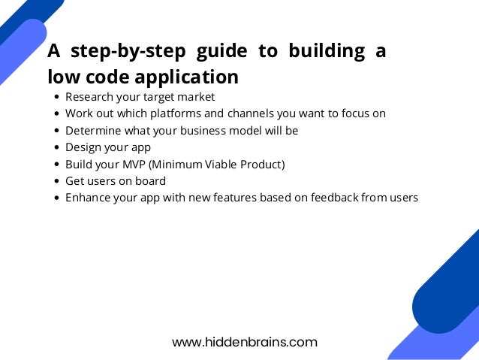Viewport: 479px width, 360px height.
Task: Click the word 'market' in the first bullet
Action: point(196,97)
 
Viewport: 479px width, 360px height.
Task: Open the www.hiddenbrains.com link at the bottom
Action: point(245,342)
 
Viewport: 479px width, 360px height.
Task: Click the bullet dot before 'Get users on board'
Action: point(57,182)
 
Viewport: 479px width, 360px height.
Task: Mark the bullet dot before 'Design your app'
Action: point(57,148)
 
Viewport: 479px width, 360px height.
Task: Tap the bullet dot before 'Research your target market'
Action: point(57,98)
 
